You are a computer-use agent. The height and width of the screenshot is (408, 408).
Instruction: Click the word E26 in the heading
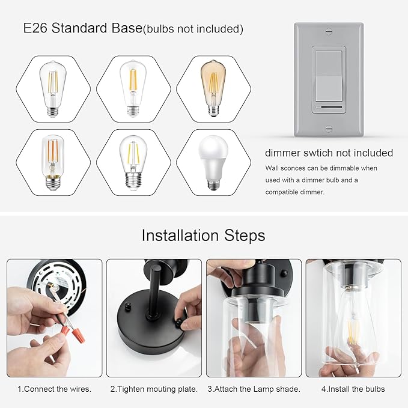click(x=35, y=28)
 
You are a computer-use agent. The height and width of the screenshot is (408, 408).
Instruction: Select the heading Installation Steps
click(x=203, y=234)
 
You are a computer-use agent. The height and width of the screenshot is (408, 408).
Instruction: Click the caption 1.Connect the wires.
click(x=54, y=389)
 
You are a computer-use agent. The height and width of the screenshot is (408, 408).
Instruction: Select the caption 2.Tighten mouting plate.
click(x=154, y=389)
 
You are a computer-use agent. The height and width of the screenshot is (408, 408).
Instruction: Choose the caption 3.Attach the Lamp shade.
click(x=254, y=389)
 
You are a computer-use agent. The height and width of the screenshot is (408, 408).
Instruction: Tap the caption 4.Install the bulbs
click(x=353, y=389)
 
